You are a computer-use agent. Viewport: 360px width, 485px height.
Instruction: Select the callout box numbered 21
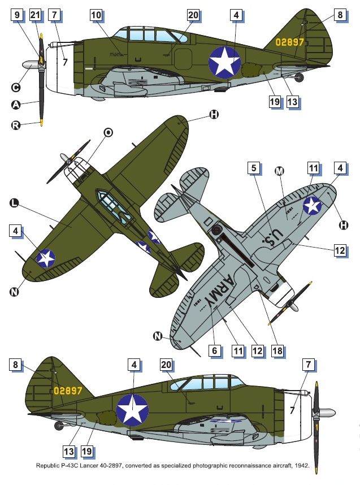[35, 15]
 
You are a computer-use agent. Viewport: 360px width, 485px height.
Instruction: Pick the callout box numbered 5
[254, 168]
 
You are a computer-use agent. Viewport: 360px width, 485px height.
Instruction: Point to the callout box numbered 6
[215, 350]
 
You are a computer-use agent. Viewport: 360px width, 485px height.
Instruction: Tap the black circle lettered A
[16, 105]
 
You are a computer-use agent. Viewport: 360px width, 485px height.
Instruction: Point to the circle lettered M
[279, 171]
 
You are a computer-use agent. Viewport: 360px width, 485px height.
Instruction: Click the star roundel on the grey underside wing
[312, 205]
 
